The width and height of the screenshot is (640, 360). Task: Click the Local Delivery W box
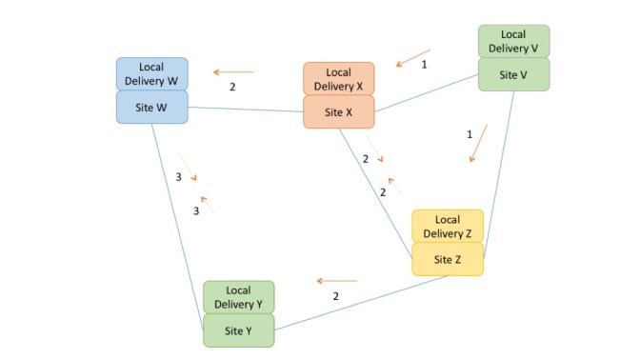click(152, 73)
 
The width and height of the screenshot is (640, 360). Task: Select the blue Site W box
click(152, 107)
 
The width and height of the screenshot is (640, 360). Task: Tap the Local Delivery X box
click(339, 79)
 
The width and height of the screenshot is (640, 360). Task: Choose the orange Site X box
click(339, 112)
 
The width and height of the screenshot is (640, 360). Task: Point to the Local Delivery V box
click(513, 41)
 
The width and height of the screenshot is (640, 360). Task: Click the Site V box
click(513, 74)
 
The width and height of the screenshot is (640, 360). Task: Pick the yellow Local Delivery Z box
click(448, 226)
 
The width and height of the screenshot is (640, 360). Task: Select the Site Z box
click(448, 259)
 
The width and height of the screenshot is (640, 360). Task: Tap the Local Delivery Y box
click(239, 297)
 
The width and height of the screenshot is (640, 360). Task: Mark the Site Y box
click(239, 330)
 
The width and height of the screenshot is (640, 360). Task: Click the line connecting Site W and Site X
click(246, 110)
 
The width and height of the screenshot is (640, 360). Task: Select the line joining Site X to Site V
click(427, 95)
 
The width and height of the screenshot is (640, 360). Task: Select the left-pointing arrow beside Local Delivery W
click(233, 71)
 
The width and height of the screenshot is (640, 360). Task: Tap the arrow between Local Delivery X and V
click(413, 58)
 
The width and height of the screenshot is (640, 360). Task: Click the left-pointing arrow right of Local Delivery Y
click(337, 281)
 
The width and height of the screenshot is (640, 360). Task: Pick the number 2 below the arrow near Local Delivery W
click(232, 87)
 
